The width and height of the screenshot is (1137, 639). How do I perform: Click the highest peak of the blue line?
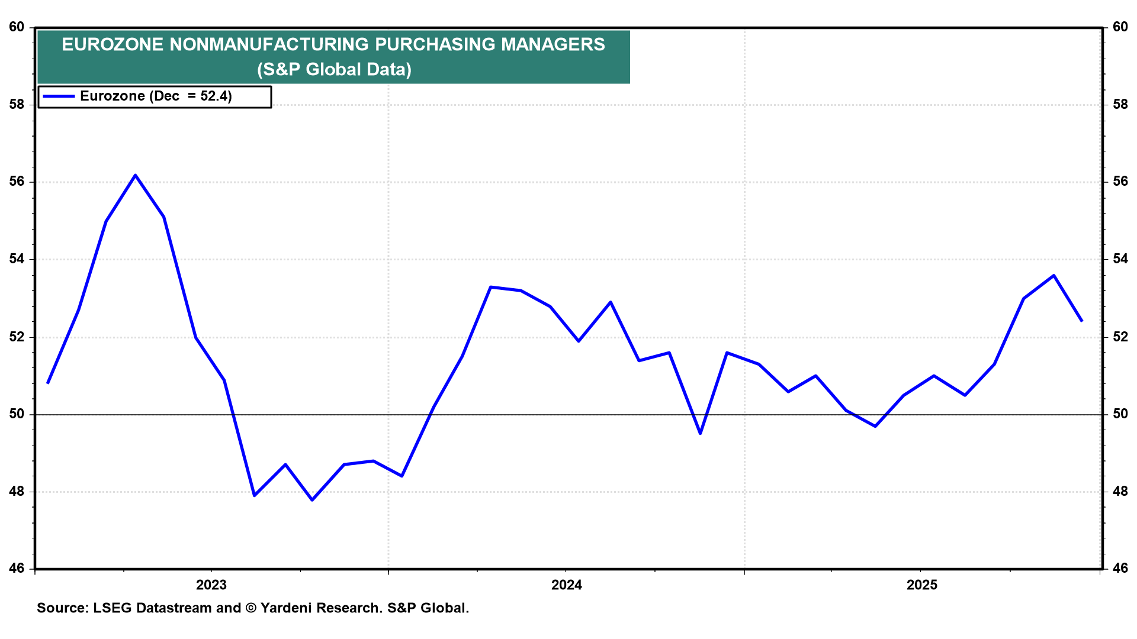[136, 175]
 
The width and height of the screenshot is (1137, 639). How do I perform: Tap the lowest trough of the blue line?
[312, 500]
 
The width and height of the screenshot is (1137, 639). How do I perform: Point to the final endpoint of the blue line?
[1082, 321]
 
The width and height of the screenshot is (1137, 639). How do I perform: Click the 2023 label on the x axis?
[211, 585]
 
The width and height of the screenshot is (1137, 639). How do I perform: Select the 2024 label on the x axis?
[567, 585]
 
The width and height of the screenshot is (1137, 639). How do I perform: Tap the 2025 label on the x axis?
[922, 585]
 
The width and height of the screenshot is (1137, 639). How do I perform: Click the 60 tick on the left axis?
[17, 27]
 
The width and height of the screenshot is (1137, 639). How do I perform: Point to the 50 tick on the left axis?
[17, 414]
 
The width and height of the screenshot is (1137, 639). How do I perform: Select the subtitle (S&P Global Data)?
[334, 70]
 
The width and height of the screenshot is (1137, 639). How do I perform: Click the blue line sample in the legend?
[59, 96]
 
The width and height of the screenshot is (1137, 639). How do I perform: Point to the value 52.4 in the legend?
[216, 96]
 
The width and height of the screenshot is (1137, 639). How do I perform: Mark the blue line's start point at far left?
[48, 383]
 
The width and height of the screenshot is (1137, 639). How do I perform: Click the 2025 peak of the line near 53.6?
[1054, 275]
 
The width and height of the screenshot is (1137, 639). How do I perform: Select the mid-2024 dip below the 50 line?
[701, 434]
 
